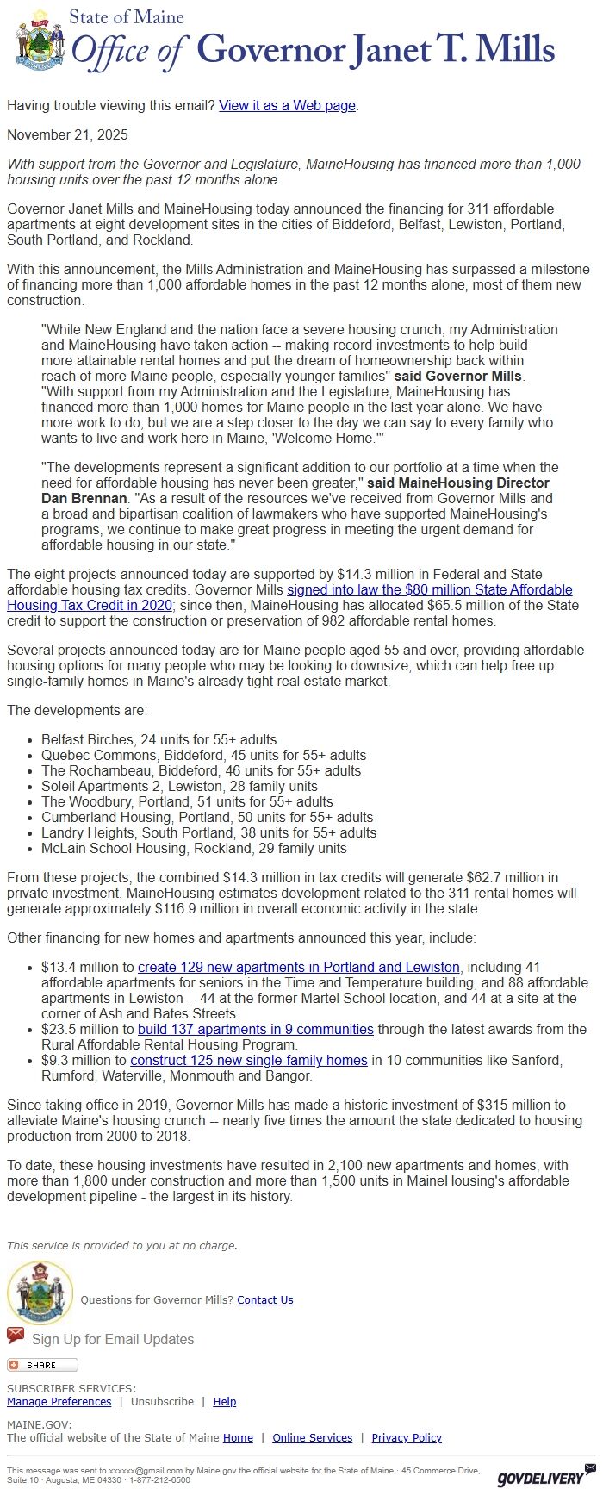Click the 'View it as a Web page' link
point(287,105)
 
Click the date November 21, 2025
point(67,134)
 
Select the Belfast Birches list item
point(159,739)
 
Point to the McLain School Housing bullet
point(194,848)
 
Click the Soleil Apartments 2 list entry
point(179,786)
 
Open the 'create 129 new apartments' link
point(298,967)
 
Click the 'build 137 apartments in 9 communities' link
point(255,1029)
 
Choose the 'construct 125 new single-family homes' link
point(248,1060)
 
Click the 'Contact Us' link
point(264,1299)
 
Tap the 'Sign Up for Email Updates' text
point(112,1339)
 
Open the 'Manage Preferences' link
point(59,1401)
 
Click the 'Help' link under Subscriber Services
point(224,1401)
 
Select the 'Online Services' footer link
point(312,1437)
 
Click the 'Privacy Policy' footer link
point(406,1437)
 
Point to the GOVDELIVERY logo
point(540,1479)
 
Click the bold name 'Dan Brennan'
point(84,498)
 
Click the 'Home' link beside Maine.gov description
point(238,1437)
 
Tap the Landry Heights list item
point(208,832)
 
